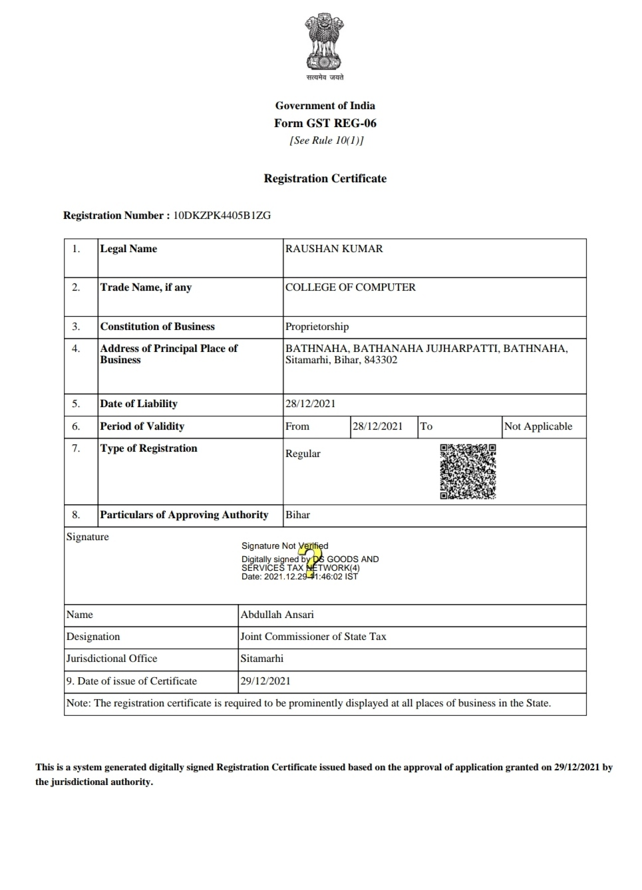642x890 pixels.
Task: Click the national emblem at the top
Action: tap(325, 44)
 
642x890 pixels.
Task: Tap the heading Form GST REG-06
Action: tap(325, 123)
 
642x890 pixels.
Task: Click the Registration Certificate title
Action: tap(325, 178)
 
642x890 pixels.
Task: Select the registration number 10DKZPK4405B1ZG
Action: tap(222, 216)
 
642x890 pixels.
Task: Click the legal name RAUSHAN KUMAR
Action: tap(334, 249)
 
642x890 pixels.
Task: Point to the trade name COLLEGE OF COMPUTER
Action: tap(350, 287)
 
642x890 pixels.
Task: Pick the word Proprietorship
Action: tap(317, 327)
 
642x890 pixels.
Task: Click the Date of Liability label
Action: tap(138, 404)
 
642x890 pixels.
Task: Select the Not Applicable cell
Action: tap(538, 426)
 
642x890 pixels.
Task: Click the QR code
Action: tap(468, 471)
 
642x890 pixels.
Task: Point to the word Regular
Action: tap(303, 454)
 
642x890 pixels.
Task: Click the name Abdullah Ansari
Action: tap(277, 615)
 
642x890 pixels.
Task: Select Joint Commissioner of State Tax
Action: tap(313, 637)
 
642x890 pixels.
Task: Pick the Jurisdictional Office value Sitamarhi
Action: tap(261, 659)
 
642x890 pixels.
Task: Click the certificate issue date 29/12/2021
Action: tap(265, 681)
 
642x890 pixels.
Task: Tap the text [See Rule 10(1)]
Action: tap(326, 140)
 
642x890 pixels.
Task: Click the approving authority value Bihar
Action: tap(297, 515)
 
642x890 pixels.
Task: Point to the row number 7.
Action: tap(76, 448)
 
